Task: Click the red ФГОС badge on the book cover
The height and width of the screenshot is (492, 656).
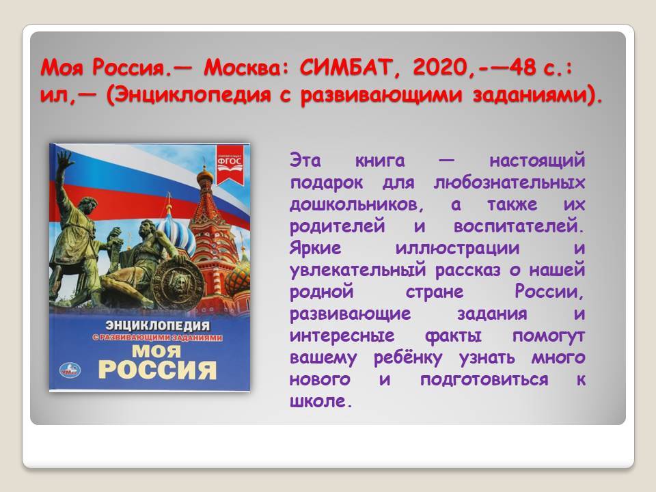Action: click(x=230, y=165)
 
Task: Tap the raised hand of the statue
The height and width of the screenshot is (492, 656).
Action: click(x=66, y=160)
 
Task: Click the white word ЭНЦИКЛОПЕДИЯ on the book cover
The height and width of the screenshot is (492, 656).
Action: click(x=157, y=325)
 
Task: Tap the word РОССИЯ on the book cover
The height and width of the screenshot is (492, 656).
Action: click(x=157, y=370)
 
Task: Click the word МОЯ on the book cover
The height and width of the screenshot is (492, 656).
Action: click(x=156, y=351)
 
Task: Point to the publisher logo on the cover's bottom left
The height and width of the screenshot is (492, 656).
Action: click(x=70, y=370)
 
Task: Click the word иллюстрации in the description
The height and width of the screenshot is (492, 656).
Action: click(x=458, y=248)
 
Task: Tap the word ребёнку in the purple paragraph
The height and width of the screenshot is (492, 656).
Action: click(x=408, y=357)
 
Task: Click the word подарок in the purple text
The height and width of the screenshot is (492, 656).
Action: click(x=327, y=183)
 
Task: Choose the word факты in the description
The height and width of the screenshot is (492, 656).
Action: click(x=453, y=336)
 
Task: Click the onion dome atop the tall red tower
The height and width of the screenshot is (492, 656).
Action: click(x=205, y=176)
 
